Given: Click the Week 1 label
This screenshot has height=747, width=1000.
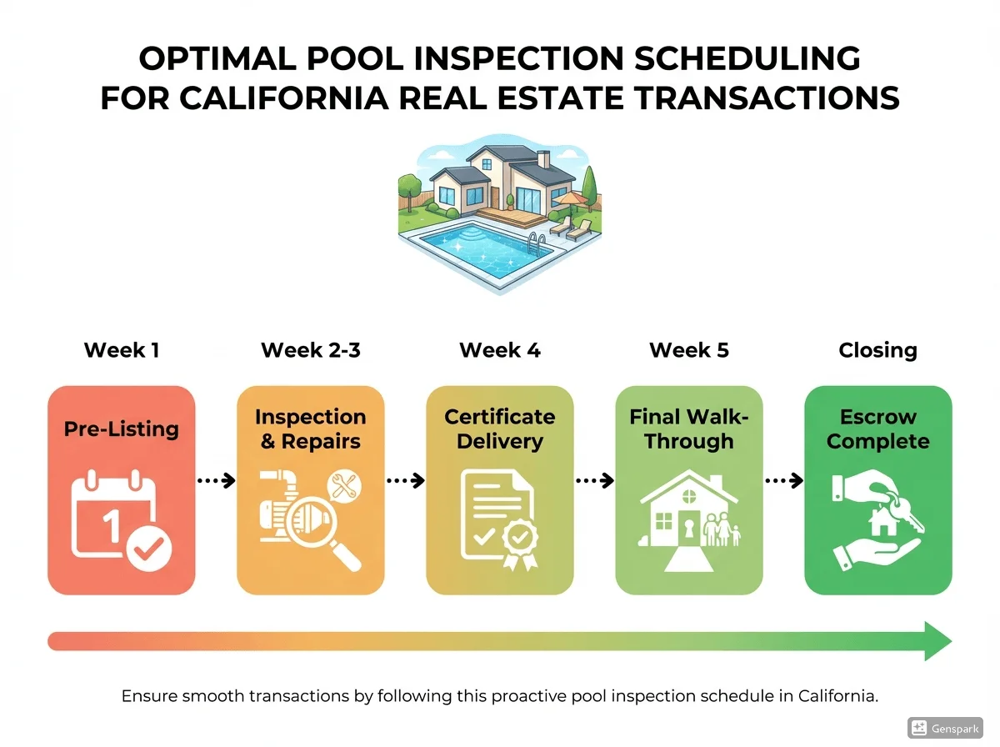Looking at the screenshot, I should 122,350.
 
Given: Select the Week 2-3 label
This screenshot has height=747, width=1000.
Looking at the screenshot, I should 311,350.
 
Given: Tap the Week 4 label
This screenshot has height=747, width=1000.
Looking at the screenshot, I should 500,350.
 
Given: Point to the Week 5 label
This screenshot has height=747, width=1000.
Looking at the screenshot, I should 689,350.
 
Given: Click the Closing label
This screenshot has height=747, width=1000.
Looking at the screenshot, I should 877,350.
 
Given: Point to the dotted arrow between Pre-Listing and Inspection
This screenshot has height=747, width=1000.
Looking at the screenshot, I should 216,481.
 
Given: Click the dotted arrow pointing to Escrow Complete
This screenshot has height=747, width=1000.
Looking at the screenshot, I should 783,481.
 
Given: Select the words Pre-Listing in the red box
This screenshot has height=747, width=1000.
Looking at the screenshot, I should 122,429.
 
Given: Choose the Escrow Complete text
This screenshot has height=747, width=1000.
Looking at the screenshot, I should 877,429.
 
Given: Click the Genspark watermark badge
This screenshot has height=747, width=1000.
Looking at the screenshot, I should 946,727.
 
